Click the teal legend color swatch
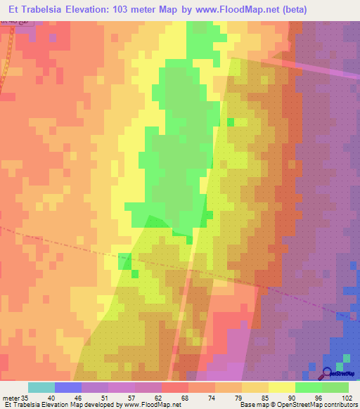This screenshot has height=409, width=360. pyautogui.click(x=41, y=387)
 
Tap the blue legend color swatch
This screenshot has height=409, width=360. pyautogui.click(x=68, y=387)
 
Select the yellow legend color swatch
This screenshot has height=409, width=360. pyautogui.click(x=282, y=387)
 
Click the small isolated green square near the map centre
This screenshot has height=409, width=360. pyautogui.click(x=230, y=122)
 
